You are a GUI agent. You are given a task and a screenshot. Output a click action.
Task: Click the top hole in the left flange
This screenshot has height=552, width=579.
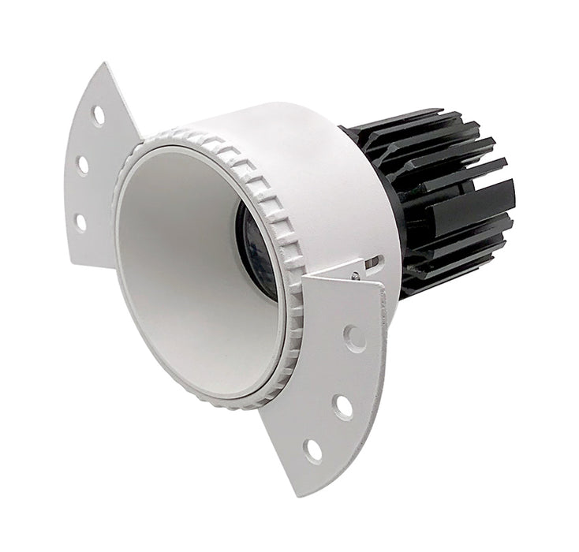point(98,116)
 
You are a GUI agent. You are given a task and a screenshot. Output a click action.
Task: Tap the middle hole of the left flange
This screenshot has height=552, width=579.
point(82,165)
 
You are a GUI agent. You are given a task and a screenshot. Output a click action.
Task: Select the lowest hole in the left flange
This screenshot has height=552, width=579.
point(80,222)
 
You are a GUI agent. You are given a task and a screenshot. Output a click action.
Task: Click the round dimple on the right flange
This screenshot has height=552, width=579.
point(355,338)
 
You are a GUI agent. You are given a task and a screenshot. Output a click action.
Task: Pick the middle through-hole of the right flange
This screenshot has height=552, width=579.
point(342,406)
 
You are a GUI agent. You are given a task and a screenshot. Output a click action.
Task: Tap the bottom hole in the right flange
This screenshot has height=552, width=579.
point(313,450)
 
